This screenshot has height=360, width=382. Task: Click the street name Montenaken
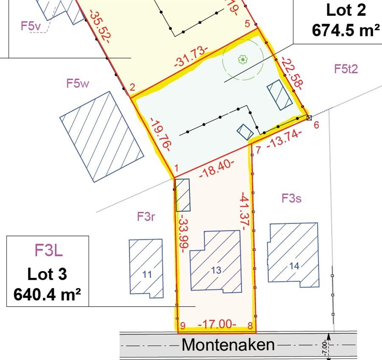point(228,345)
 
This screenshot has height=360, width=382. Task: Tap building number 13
point(216,270)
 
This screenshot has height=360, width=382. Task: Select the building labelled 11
point(147,274)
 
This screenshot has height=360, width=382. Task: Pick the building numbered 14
point(294,266)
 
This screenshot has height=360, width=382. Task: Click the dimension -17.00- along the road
point(217,324)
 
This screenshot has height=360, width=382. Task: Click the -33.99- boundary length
point(181,233)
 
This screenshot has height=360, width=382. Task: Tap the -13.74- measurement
point(284,140)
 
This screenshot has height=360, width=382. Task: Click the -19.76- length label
point(160,134)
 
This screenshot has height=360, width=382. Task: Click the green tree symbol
point(243,60)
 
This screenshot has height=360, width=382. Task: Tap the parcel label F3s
point(292,198)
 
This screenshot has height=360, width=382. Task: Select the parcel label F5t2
point(346,69)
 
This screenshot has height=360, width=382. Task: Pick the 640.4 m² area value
point(47,294)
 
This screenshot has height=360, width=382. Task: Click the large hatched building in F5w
point(102,136)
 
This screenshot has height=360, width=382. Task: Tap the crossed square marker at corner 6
point(309,118)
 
